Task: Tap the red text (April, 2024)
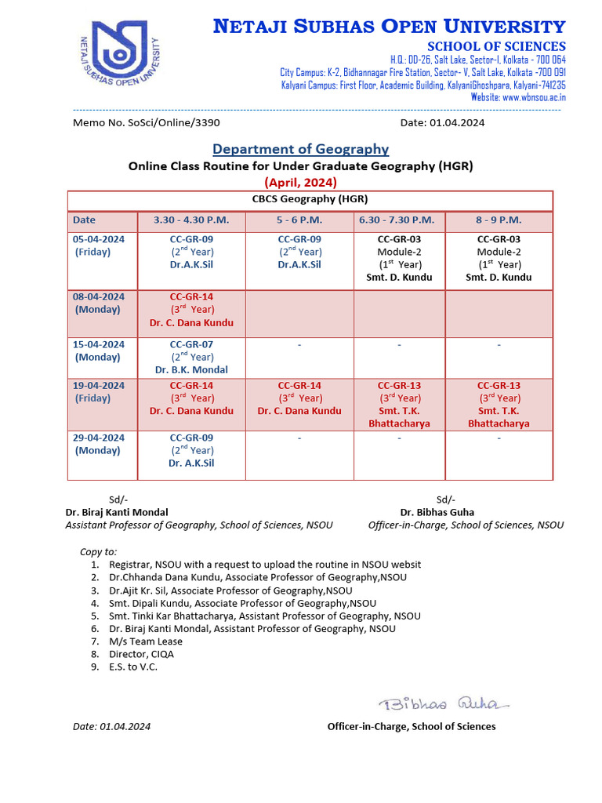tap(300, 182)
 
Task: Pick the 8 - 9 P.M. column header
tap(499, 220)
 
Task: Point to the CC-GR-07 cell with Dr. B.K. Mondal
tap(191, 357)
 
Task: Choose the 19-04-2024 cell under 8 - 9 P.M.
tap(499, 404)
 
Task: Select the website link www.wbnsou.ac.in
tap(534, 97)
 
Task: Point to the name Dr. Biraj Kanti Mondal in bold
tap(117, 512)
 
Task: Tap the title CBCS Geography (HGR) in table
tap(310, 199)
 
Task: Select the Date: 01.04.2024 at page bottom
tap(111, 726)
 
